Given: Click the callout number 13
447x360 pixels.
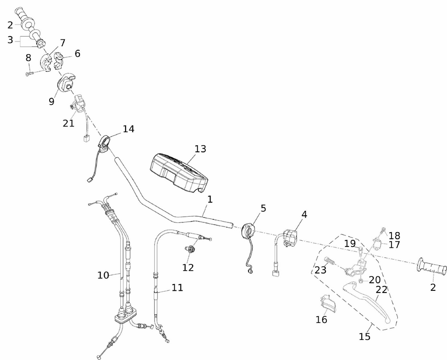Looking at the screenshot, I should pos(200,148).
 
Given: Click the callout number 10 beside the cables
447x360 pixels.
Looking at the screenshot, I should pos(103,275).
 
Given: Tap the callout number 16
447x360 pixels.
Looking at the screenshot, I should pos(321,319).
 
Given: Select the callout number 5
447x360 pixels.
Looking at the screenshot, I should pos(263,208).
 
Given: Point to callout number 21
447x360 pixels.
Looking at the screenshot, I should pos(68,123).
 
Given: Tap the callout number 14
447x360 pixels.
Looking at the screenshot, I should pos(128,129).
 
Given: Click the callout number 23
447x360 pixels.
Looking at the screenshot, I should pos(320,270).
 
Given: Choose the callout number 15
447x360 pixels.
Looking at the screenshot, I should pos(365,336).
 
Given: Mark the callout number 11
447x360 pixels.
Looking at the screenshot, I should pos(177,288).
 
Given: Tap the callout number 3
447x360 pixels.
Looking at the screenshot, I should pos(10,40).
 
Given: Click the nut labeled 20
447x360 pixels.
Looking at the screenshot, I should pos(361,281).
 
